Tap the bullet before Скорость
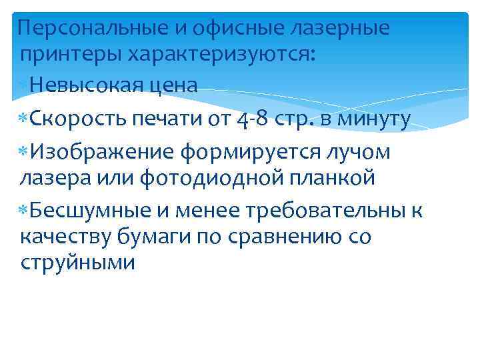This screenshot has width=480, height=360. point(23,119)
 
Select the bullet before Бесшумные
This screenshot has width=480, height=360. point(23,211)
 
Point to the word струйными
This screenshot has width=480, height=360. point(78,262)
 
